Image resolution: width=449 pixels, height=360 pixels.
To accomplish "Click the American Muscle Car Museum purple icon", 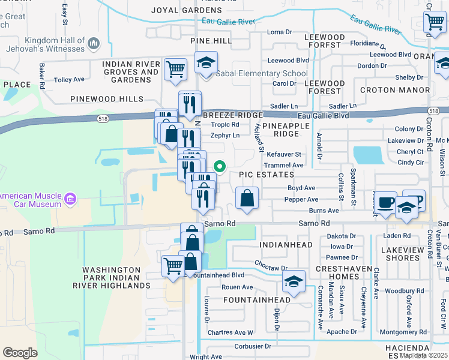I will pos(70,199).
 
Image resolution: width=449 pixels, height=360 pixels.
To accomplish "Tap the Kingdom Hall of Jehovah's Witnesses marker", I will pos(93,44).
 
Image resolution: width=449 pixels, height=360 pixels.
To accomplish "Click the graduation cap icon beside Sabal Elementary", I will pos(206,63).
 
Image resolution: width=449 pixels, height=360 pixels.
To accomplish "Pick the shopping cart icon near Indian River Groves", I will pos(175,69).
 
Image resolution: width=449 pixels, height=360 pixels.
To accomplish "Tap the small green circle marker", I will pos(220,167).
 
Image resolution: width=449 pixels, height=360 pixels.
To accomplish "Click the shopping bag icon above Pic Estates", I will pos(247,197).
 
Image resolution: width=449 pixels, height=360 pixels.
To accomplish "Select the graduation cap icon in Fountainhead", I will pos(294,281).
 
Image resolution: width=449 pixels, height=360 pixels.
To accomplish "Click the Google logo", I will pos(20,352).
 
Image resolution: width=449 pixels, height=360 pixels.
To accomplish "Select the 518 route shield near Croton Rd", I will pos(433,111).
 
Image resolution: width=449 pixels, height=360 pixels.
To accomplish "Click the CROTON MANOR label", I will pos(394,90).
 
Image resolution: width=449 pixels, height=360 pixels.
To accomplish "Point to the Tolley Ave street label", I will pos(70,80).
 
